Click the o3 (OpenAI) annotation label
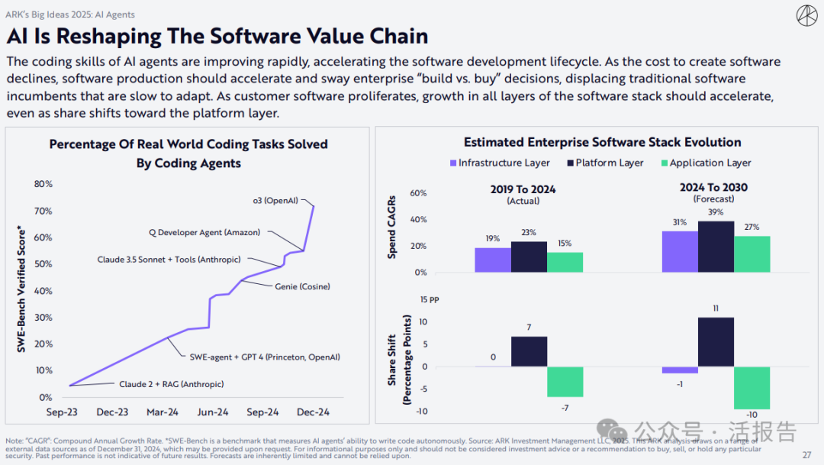(x=275, y=201)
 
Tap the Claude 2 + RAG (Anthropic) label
(x=166, y=384)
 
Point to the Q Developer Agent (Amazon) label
(x=204, y=232)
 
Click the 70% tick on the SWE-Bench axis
(x=43, y=211)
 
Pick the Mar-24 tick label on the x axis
(x=162, y=412)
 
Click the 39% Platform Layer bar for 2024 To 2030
(x=716, y=247)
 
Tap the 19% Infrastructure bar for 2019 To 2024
(x=492, y=260)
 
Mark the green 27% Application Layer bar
(x=752, y=254)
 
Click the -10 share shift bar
(x=752, y=388)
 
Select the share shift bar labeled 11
(x=716, y=342)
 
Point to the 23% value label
(x=529, y=232)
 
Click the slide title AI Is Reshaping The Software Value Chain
(x=217, y=36)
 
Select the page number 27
(x=806, y=456)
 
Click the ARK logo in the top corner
(x=806, y=15)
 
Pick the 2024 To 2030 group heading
(x=713, y=188)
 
